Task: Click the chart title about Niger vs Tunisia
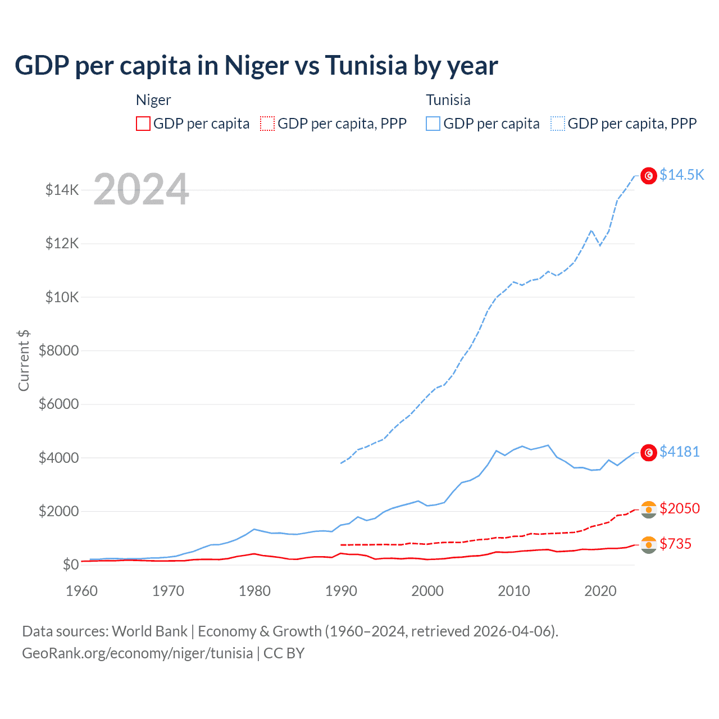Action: [256, 66]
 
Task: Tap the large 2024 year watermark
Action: [141, 190]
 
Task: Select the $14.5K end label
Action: [681, 175]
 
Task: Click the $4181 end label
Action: [679, 452]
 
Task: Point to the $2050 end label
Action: [679, 508]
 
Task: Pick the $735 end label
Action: [675, 544]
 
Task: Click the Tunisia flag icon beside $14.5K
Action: [649, 176]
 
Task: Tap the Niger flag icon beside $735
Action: [649, 545]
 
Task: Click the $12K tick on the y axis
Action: [62, 244]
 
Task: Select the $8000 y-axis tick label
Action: [59, 351]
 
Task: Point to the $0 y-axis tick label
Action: [70, 565]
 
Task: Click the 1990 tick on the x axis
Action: [341, 591]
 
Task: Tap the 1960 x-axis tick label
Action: [82, 591]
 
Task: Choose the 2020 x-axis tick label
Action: [600, 591]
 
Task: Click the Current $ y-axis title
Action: [24, 361]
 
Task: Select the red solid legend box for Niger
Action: [143, 124]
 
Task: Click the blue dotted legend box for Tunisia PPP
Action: [558, 124]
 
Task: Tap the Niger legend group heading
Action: [153, 100]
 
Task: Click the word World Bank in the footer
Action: [149, 631]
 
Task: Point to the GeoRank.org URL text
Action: [137, 653]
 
